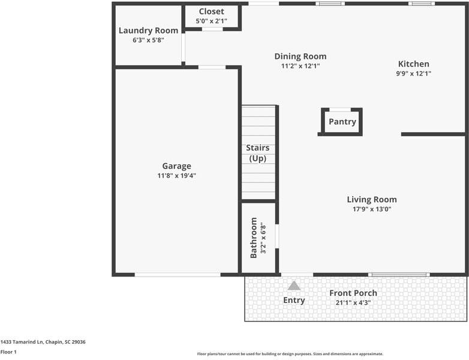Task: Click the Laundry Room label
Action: [148, 31]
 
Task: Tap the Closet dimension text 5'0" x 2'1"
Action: [211, 22]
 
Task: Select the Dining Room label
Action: [300, 56]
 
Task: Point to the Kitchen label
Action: [414, 64]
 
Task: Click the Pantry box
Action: [342, 122]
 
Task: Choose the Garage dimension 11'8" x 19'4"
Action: [176, 176]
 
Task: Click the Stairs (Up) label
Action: [258, 153]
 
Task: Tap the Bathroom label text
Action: [254, 238]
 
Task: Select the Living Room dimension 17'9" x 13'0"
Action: [372, 209]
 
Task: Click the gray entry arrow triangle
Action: [294, 286]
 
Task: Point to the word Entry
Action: [294, 300]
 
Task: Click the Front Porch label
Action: [353, 293]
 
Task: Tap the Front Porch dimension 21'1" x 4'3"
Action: [353, 303]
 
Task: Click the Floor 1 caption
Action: [8, 352]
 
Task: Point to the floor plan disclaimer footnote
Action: [290, 354]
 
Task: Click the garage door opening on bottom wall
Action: [177, 275]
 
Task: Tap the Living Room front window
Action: [398, 275]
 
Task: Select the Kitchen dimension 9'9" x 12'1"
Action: [414, 74]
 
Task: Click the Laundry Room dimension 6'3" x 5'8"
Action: [148, 40]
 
